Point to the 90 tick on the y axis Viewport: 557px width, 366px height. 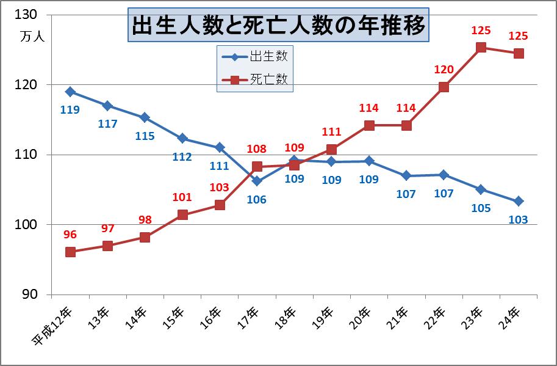[x=29, y=295]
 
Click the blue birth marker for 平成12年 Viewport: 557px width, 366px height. [x=70, y=92]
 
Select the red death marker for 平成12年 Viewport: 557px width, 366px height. [x=70, y=252]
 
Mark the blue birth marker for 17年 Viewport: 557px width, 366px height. [x=257, y=181]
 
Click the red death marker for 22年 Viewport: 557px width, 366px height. [x=444, y=87]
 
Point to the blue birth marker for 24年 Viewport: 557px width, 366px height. [x=519, y=201]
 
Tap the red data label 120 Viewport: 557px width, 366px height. [x=444, y=70]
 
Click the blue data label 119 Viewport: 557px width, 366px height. [x=70, y=110]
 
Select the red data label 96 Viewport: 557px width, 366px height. [x=70, y=234]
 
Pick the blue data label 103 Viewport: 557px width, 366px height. [x=519, y=219]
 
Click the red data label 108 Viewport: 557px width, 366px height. [x=257, y=149]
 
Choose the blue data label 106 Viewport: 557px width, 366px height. [x=257, y=199]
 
